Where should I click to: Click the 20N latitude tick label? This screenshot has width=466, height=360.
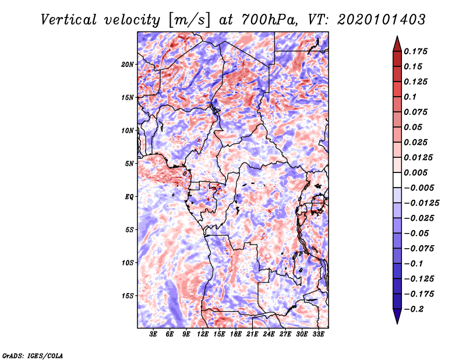(128, 64)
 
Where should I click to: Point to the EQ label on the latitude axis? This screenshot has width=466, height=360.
(129, 197)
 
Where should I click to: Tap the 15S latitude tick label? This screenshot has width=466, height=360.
(128, 296)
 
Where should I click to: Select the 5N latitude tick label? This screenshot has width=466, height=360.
(129, 164)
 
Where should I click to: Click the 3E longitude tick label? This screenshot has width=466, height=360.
(154, 334)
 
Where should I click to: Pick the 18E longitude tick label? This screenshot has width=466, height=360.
(236, 334)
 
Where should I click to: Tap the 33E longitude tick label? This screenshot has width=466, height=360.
(318, 334)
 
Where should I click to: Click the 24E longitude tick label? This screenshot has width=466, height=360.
(269, 334)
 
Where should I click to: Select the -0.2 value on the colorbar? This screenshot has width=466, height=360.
(415, 309)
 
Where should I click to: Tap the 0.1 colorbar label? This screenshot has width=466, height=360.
(411, 97)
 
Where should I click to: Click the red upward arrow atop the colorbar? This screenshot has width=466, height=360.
(396, 42)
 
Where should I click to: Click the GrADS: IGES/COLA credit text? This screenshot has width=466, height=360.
(32, 355)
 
